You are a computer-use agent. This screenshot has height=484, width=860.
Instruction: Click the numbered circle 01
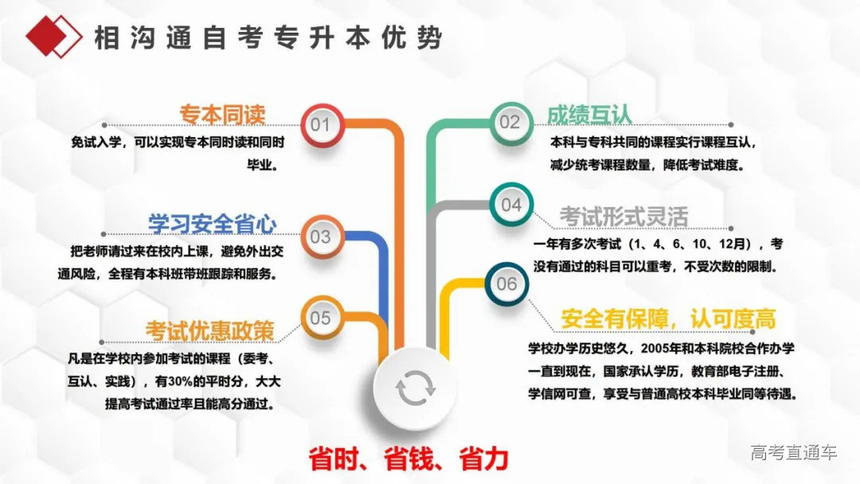320,125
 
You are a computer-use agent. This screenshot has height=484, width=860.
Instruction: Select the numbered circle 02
509,122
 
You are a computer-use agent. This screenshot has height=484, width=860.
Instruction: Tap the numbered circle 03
320,236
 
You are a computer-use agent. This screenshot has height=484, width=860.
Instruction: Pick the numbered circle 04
510,205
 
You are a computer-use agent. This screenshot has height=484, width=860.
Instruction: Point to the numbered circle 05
320,318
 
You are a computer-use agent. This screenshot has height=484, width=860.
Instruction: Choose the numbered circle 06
506,283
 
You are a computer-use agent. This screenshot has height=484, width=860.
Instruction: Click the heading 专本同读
222,114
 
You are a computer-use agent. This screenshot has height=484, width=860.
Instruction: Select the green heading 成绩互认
589,114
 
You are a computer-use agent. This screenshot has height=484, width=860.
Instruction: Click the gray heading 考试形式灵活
612,217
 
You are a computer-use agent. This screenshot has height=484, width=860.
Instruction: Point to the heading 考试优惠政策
209,330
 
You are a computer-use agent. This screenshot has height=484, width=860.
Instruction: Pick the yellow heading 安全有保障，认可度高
668,319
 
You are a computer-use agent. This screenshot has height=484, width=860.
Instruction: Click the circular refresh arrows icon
415,388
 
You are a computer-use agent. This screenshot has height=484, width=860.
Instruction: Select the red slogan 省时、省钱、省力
408,459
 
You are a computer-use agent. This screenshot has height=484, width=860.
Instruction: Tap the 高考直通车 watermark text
794,454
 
